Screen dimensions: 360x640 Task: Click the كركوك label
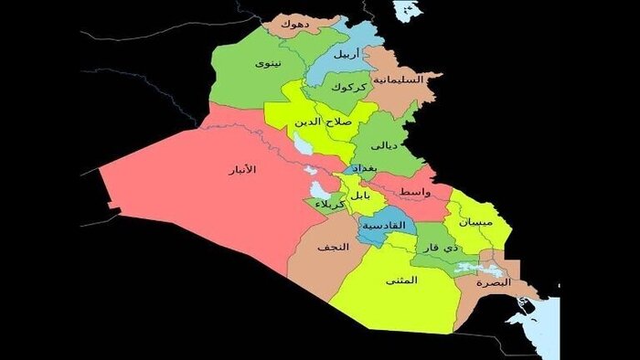pos(349,88)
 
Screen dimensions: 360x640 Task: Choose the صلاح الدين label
pos(323,121)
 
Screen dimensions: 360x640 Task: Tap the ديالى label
pos(381,144)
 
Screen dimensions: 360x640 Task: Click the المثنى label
pos(401,281)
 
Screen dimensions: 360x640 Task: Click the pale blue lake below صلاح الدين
pos(300,144)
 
